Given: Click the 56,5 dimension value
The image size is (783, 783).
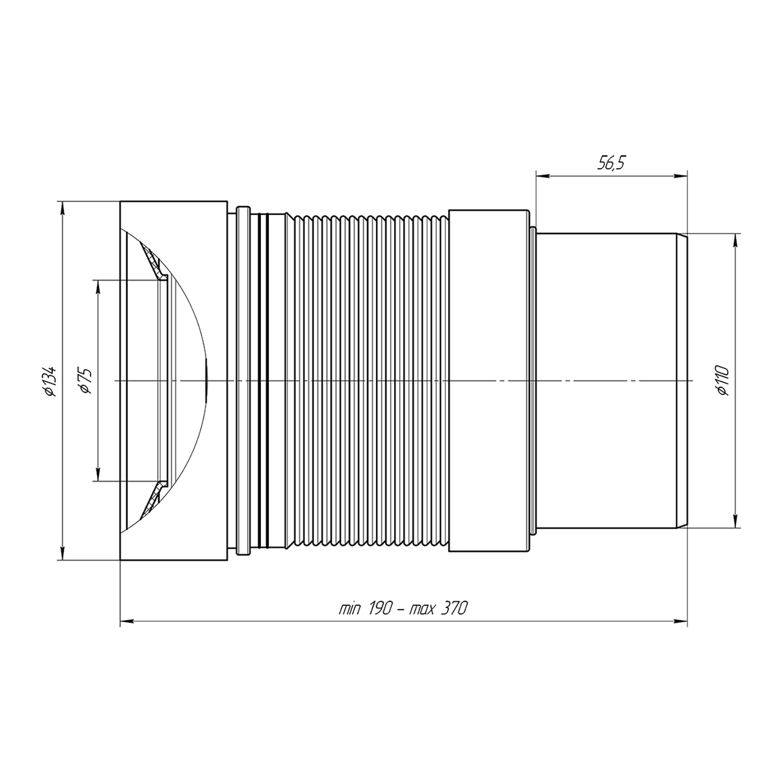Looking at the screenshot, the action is pyautogui.click(x=611, y=164).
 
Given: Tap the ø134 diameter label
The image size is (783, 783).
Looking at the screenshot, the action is pyautogui.click(x=50, y=381).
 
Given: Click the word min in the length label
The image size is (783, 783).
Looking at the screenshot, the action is pyautogui.click(x=350, y=609).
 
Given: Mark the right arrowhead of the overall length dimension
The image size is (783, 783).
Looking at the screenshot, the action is pyautogui.click(x=680, y=621).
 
